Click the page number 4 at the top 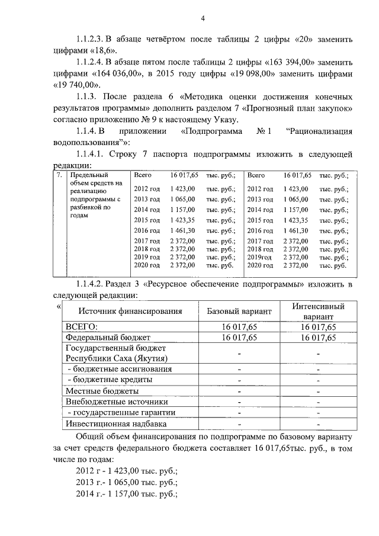click(x=202, y=18)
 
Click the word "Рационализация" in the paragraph click(x=319, y=131)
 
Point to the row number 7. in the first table click(x=59, y=175)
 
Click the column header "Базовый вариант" click(x=239, y=312)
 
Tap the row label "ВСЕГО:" click(x=81, y=327)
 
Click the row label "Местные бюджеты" click(x=102, y=391)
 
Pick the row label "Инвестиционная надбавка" click(x=116, y=424)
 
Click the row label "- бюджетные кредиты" click(x=108, y=380)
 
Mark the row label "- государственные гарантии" click(x=121, y=413)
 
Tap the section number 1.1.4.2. click(x=91, y=284)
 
